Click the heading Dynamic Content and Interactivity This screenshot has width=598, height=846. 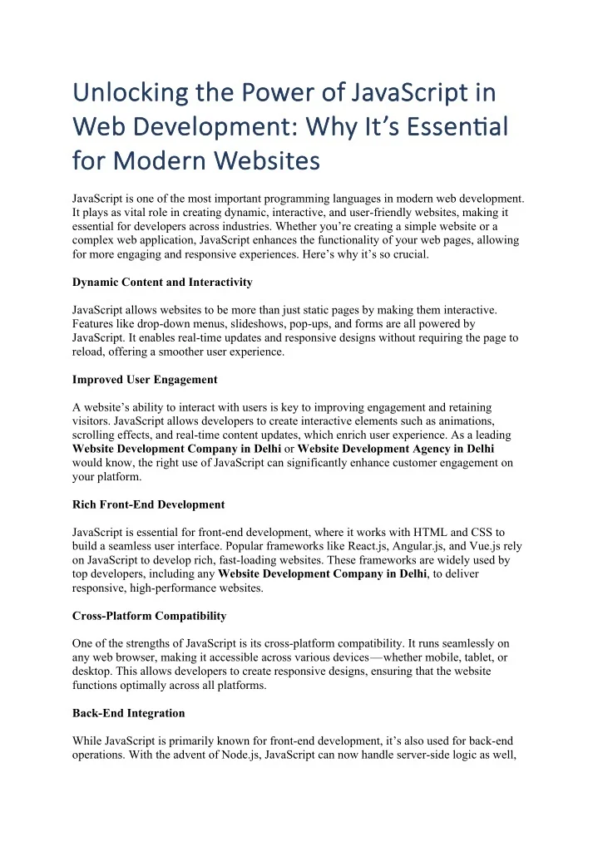pyautogui.click(x=162, y=283)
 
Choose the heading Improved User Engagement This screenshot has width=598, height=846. pyautogui.click(x=145, y=380)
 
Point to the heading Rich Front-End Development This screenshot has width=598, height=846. pyautogui.click(x=148, y=504)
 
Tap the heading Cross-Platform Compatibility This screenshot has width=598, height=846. pyautogui.click(x=149, y=616)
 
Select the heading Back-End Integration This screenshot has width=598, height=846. pyautogui.click(x=128, y=713)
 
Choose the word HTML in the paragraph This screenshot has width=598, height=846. pyautogui.click(x=424, y=531)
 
